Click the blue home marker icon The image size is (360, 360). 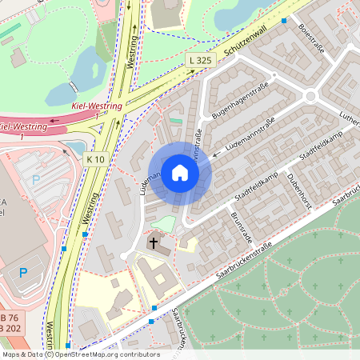[x=180, y=173]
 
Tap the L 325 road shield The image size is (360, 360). [x=201, y=60]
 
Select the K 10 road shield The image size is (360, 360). [x=95, y=159]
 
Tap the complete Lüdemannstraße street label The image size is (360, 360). [x=250, y=135]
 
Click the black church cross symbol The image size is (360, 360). [x=153, y=242]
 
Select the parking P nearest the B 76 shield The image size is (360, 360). [x=23, y=273]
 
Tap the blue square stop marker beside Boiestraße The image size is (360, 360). [x=283, y=22]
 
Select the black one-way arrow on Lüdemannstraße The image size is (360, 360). [x=215, y=154]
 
